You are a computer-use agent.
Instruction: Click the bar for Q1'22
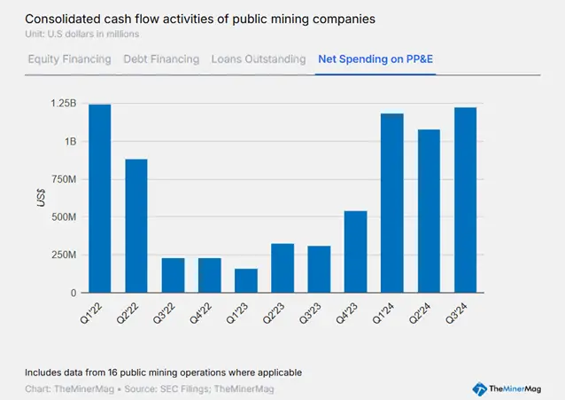(100, 199)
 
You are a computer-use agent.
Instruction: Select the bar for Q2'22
(136, 226)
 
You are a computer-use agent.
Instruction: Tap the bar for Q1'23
(246, 280)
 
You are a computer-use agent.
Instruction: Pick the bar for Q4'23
(356, 252)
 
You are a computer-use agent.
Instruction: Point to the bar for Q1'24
(392, 203)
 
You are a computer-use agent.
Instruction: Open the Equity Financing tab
(69, 59)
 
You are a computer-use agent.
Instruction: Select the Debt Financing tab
(161, 59)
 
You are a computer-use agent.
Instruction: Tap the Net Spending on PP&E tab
(375, 59)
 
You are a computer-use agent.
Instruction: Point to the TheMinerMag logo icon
(479, 388)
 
